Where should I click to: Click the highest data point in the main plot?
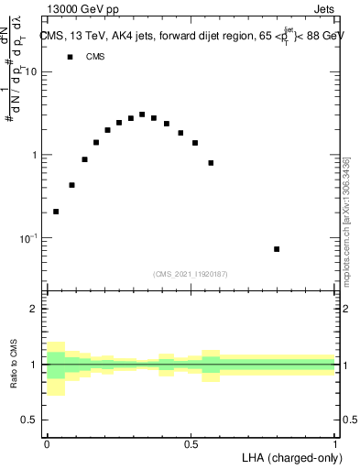(x=142, y=115)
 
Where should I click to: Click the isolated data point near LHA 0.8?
(x=277, y=249)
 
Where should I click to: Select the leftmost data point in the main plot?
(x=56, y=212)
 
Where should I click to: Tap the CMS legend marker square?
(x=70, y=57)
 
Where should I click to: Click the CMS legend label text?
(x=95, y=57)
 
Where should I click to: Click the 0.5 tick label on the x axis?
(x=191, y=444)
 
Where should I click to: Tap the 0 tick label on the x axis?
(x=47, y=444)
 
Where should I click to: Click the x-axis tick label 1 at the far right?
(x=335, y=444)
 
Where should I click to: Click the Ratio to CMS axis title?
(x=14, y=365)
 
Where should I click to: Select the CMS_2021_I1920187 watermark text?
(x=191, y=274)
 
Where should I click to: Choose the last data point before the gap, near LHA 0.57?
(x=211, y=163)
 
